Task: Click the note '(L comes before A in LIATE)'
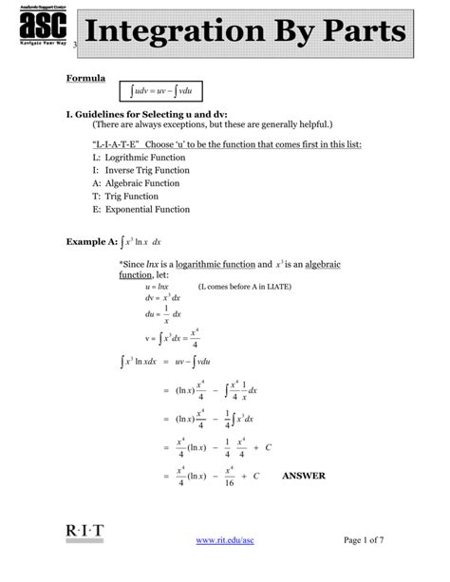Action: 245,286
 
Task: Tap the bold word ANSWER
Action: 304,476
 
